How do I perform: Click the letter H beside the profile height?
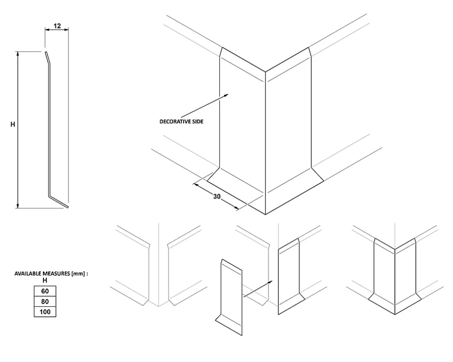coord(13,124)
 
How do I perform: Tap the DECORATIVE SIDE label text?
coord(182,122)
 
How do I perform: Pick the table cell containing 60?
coord(45,291)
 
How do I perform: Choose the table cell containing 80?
coord(45,302)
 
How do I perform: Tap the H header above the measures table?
coord(45,280)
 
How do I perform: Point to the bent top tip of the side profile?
coord(46,56)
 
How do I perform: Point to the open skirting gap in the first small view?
coord(158,274)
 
